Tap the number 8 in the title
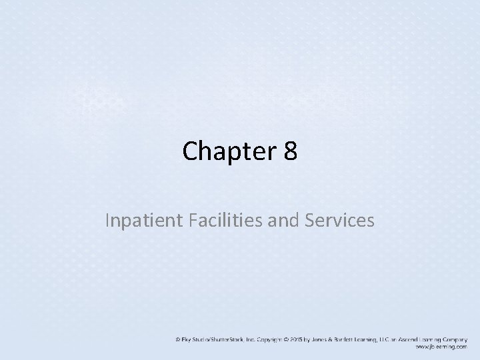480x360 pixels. [290, 151]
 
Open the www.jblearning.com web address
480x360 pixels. [441, 347]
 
